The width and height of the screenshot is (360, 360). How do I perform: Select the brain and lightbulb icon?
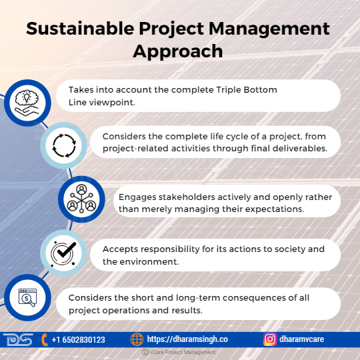point(27,103)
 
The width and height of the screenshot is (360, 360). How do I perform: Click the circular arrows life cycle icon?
point(64,145)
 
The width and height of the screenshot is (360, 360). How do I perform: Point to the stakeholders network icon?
point(81,199)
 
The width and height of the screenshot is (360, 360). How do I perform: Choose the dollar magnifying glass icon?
point(27,297)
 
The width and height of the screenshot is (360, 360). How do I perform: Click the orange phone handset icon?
point(45,339)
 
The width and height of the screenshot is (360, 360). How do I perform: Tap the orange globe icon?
point(137,339)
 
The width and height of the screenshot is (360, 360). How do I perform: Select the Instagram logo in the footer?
point(270,339)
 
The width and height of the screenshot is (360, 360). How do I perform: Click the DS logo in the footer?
point(18,339)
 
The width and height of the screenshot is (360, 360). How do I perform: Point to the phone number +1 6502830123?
point(78,339)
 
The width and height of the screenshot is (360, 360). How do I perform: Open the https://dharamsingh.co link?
point(187,339)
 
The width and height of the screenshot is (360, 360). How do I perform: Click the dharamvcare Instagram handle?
point(302,339)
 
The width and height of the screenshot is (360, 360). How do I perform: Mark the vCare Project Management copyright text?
point(179,352)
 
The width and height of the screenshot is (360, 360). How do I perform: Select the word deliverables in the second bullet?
point(300,149)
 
